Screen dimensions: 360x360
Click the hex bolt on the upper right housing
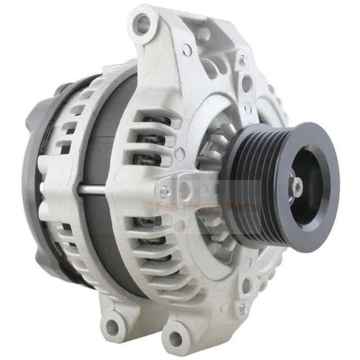tap(243, 60)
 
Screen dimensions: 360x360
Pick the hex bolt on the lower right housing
tap(243, 308)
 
